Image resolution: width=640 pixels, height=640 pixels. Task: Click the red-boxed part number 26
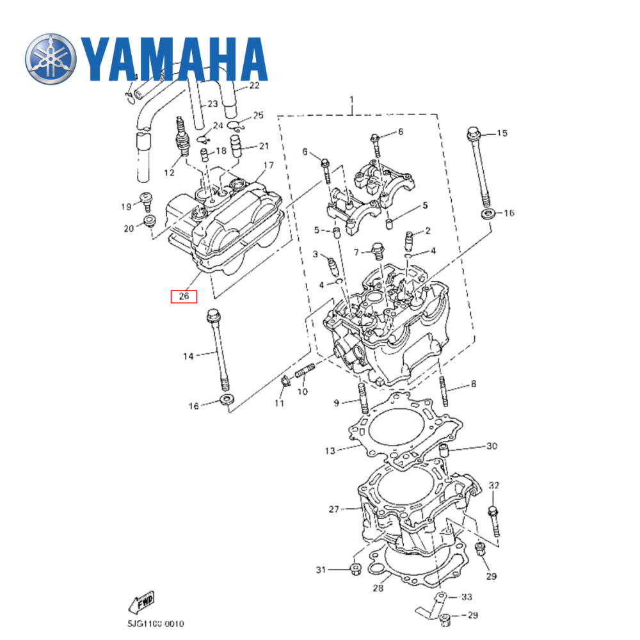point(184,296)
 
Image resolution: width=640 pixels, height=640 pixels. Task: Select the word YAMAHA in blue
point(174,59)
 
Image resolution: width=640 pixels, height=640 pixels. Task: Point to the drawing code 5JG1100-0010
point(156,623)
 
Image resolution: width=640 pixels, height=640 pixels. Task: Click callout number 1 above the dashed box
point(351,100)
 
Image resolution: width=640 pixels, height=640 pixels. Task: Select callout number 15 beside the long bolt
point(502,133)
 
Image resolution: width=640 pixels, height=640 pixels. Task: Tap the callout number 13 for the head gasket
point(329,451)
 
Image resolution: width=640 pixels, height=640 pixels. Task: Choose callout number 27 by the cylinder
point(333,509)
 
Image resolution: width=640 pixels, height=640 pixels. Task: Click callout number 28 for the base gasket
point(378,588)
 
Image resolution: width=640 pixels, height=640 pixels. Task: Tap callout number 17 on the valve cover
point(268,166)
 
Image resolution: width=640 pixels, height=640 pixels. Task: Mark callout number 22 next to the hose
point(254,85)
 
